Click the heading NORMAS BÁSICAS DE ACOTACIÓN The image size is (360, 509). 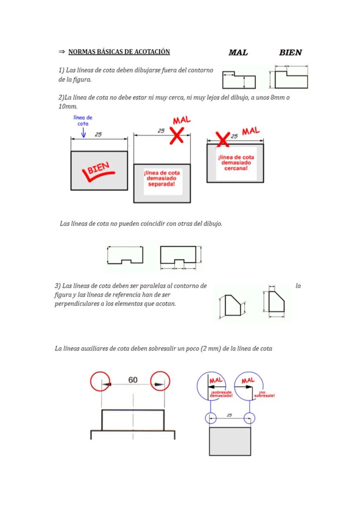(x=119, y=52)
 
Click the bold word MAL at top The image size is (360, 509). (x=238, y=53)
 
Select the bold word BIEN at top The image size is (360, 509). (x=290, y=53)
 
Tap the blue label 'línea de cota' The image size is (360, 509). (x=83, y=120)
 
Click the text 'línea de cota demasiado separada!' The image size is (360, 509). (x=162, y=179)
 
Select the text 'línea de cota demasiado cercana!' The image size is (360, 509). (x=236, y=163)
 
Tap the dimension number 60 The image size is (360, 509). (x=133, y=380)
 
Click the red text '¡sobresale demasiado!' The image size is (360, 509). (x=221, y=394)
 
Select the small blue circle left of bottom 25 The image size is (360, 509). (x=210, y=418)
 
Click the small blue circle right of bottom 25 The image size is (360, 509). (x=249, y=418)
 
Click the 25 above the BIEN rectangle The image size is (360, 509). (x=98, y=134)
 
